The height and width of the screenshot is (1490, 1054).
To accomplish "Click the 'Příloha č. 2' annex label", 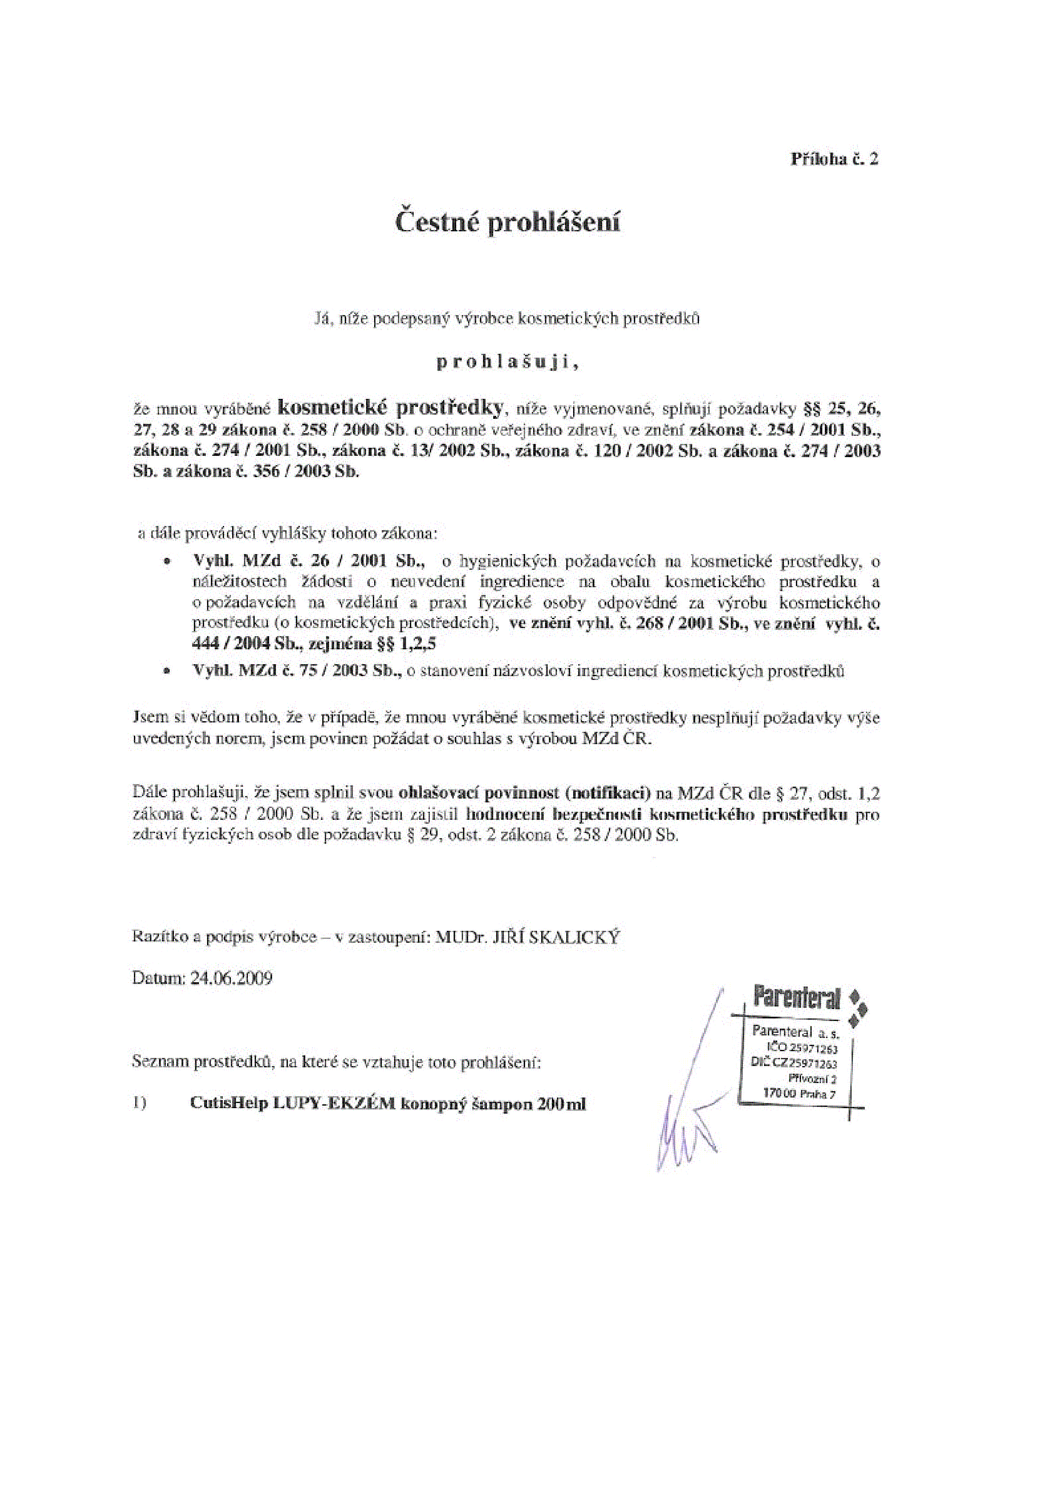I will pyautogui.click(x=834, y=159).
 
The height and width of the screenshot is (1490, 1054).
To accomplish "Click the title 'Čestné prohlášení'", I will pyautogui.click(x=508, y=222).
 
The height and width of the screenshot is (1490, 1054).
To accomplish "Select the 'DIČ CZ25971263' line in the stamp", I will pyautogui.click(x=793, y=1063).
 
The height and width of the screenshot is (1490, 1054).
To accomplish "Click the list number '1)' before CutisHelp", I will pyautogui.click(x=139, y=1104).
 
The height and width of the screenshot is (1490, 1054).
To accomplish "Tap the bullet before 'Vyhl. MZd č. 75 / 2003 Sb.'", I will pyautogui.click(x=169, y=673).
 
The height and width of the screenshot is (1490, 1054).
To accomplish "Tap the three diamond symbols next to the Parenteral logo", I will pyautogui.click(x=857, y=1009).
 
